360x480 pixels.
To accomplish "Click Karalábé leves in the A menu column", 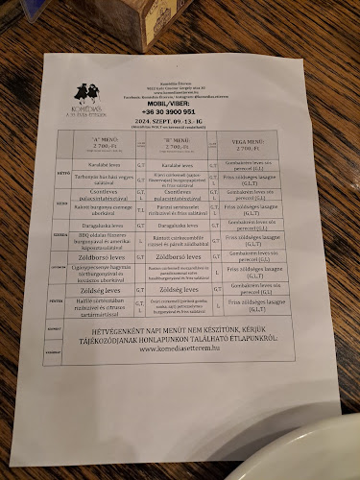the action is pos(105,163).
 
